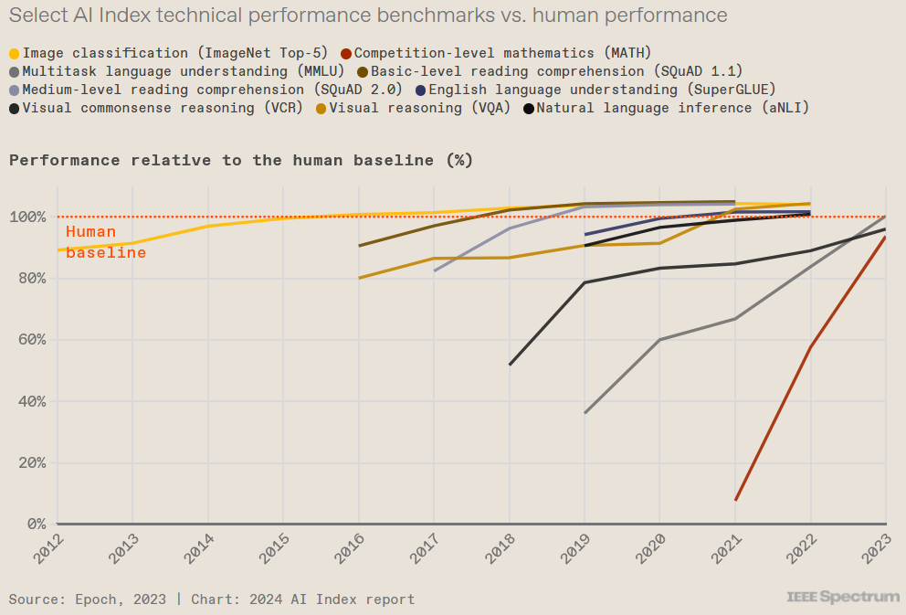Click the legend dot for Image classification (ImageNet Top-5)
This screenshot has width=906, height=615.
14,53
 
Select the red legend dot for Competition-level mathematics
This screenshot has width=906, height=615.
345,53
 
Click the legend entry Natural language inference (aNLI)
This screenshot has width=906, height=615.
672,108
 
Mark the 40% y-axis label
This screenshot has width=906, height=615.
31,401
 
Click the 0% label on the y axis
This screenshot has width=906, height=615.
35,525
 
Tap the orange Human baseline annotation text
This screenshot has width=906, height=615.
105,242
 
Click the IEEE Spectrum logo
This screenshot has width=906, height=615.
842,597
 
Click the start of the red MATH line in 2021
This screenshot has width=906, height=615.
735,500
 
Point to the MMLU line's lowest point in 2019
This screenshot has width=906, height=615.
585,413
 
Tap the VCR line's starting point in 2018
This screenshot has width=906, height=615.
510,365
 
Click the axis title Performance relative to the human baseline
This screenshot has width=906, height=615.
241,160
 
